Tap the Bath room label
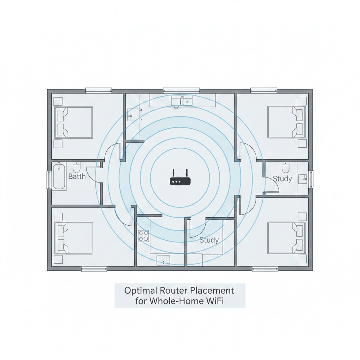click(77, 176)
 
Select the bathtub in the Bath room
click(59, 176)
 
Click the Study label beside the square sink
click(282, 179)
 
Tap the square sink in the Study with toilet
click(303, 179)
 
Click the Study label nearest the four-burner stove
click(209, 240)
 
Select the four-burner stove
click(143, 236)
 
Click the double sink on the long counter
click(182, 101)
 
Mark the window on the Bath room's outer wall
click(49, 180)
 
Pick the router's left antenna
click(173, 173)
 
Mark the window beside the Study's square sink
click(311, 179)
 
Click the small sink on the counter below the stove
click(163, 260)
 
